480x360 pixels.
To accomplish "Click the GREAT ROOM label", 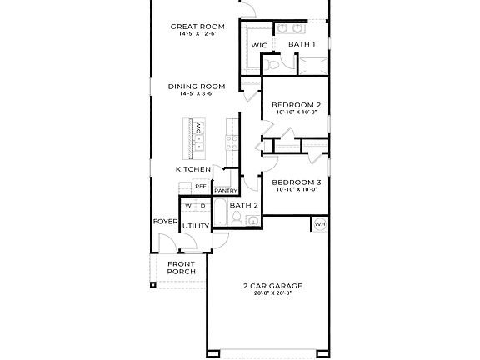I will [x=193, y=27].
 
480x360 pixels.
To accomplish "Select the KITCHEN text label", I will [x=193, y=169].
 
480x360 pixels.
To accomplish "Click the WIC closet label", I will [x=258, y=43].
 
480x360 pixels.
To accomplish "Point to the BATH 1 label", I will [x=302, y=43].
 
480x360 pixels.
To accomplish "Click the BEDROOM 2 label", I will [x=297, y=105].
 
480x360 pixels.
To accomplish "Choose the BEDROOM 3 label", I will [x=297, y=182].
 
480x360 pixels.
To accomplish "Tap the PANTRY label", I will [x=226, y=191].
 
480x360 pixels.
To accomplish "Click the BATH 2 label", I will [x=243, y=205].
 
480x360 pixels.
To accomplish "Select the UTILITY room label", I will [x=195, y=226].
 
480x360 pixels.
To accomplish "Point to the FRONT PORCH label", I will [x=181, y=267].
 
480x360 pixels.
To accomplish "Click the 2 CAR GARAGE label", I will [x=272, y=286].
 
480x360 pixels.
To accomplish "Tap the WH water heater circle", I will [x=320, y=223].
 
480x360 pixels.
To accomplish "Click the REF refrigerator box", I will [x=201, y=186].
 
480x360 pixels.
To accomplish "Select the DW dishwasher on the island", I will [x=198, y=127].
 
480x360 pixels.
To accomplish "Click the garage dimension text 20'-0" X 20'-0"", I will [x=272, y=294].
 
